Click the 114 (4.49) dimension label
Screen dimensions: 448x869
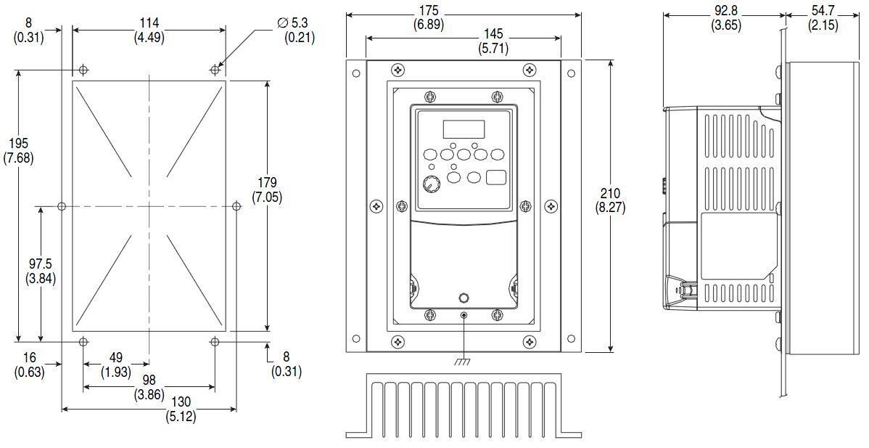[148, 30]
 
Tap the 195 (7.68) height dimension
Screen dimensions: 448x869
[22, 150]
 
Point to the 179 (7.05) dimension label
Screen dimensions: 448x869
[267, 190]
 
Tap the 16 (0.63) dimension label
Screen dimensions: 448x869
[30, 364]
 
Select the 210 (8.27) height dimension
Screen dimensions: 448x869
[610, 200]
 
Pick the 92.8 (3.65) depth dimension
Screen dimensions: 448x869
[725, 18]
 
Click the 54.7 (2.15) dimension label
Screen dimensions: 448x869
[823, 18]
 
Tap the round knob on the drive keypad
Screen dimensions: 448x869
[429, 184]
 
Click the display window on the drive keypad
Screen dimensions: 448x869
[464, 129]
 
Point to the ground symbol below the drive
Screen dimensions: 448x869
[464, 361]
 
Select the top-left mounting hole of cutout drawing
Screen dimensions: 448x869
[84, 70]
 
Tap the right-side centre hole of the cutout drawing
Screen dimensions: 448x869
[236, 207]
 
